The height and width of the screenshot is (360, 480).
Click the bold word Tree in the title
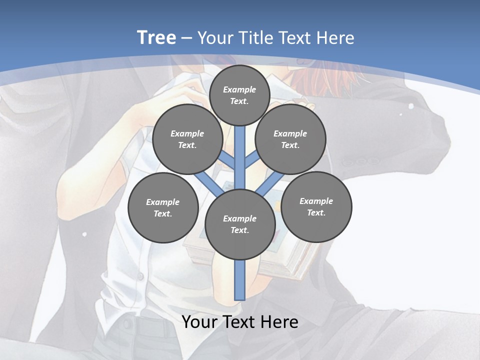(156, 38)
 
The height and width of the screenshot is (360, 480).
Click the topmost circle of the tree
(239, 95)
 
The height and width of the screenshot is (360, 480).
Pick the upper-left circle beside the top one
(187, 139)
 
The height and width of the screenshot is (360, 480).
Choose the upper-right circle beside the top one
(290, 139)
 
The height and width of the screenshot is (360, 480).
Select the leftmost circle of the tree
(163, 207)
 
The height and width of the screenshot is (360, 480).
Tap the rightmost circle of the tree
(316, 206)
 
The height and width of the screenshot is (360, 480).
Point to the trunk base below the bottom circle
(240, 280)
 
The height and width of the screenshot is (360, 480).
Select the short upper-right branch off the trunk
(252, 159)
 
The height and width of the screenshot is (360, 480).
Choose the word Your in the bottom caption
(199, 322)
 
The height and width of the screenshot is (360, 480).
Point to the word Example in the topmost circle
(239, 89)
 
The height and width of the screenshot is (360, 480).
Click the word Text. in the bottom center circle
(239, 230)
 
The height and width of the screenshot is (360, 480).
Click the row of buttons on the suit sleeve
(361, 162)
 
